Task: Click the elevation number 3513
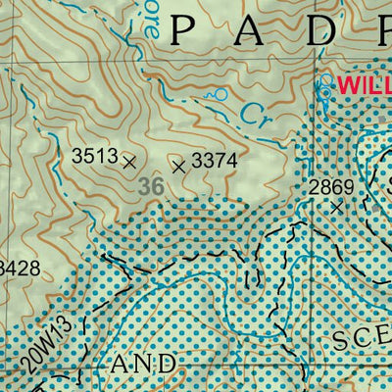coord(94,155)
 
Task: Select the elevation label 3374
coord(215,160)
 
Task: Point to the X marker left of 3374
coord(178,167)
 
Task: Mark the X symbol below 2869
coord(337,207)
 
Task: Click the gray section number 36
coord(151,185)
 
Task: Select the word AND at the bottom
coord(144,364)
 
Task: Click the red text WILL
coord(364,85)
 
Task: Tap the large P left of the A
coord(183,31)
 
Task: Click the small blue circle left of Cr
coord(221,95)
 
